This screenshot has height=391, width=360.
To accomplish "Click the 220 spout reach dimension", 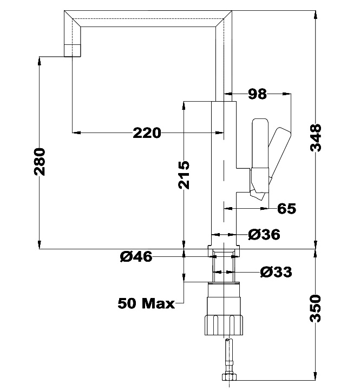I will [147, 132].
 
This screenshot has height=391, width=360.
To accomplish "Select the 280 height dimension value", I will [41, 161].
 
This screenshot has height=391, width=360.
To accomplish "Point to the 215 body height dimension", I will [185, 174].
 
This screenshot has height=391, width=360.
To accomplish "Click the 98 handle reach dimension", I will [257, 94].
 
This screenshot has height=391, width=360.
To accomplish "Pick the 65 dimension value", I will [287, 208].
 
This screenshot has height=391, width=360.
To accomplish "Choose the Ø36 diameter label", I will [264, 235].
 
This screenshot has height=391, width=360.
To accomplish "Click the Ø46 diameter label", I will [136, 257].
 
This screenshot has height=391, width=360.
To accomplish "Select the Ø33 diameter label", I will [276, 272].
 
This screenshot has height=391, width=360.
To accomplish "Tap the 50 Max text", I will [146, 303].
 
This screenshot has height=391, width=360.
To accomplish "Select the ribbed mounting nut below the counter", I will [224, 322].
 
